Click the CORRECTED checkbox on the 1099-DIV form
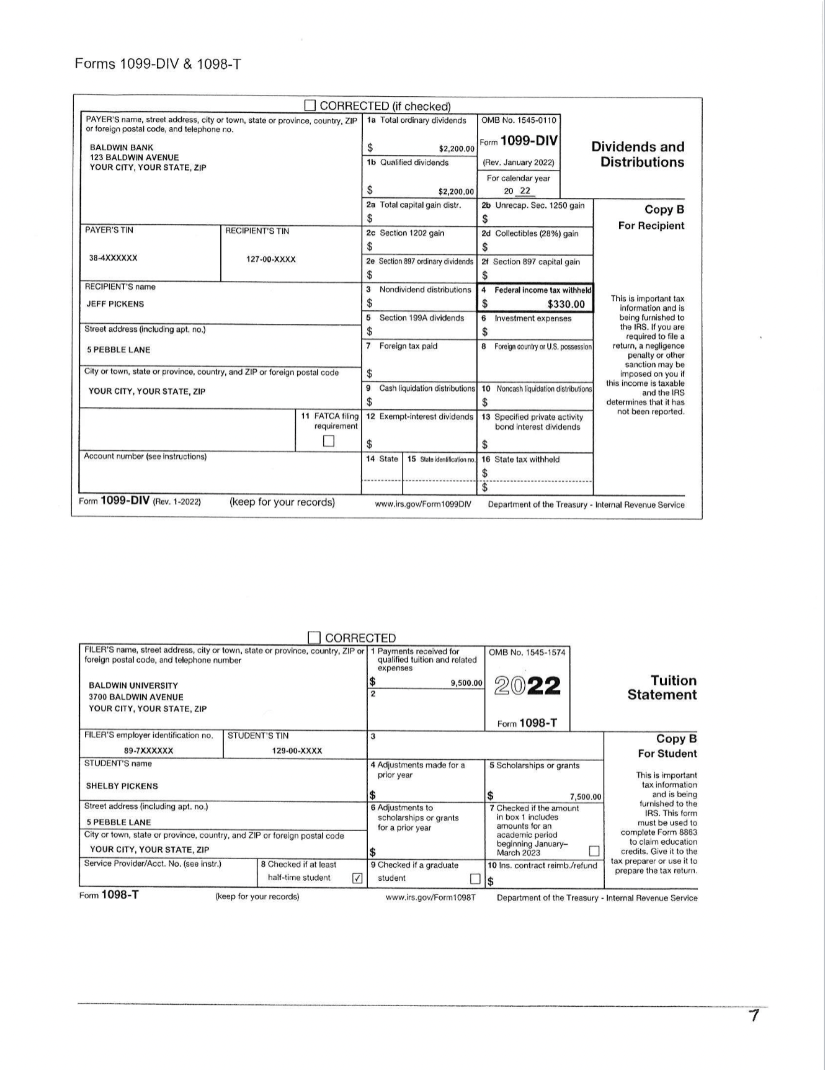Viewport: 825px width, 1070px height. point(310,105)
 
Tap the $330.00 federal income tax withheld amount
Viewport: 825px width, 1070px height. point(566,304)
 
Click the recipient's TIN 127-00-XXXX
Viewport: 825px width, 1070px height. point(271,259)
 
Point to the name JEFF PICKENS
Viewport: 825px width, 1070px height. point(115,304)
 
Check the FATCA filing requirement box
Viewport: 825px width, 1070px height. point(329,441)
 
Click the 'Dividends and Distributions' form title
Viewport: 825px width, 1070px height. point(638,154)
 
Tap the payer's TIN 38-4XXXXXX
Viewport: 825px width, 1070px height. point(114,257)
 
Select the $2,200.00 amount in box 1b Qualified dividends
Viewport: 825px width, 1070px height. point(456,192)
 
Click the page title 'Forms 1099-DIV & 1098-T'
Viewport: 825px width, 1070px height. point(158,64)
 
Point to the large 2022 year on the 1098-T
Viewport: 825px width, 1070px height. point(528,686)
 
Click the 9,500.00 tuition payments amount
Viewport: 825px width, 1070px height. point(466,683)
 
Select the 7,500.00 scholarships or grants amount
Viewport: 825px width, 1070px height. point(586,797)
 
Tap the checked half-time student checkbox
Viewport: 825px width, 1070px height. point(357,878)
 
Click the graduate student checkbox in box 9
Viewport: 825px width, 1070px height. point(475,878)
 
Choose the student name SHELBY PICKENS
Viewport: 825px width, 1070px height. point(122,786)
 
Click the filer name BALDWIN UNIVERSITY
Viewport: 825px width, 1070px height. point(133,685)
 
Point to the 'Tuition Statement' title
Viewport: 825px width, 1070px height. point(662,687)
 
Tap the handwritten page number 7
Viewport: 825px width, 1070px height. point(754,1016)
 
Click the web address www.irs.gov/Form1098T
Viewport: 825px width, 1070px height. point(430,898)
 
